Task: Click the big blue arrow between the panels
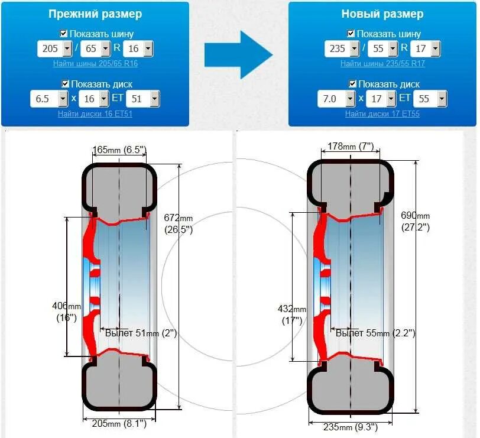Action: (238, 55)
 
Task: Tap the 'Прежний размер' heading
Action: (95, 14)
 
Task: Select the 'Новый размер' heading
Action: (383, 14)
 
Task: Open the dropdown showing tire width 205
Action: (54, 48)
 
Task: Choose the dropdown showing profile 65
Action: (97, 48)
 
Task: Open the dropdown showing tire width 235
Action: (342, 48)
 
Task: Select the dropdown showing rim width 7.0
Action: (335, 99)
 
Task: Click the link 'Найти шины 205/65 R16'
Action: (95, 63)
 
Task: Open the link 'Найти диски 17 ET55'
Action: (383, 113)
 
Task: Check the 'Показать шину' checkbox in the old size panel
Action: (64, 34)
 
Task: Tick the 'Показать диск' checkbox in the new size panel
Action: (353, 84)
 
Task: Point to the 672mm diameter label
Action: (179, 223)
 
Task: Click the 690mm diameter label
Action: (416, 220)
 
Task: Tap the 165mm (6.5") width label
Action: (119, 151)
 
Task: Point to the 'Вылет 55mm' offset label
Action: (375, 333)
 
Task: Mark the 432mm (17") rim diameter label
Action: (292, 314)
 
